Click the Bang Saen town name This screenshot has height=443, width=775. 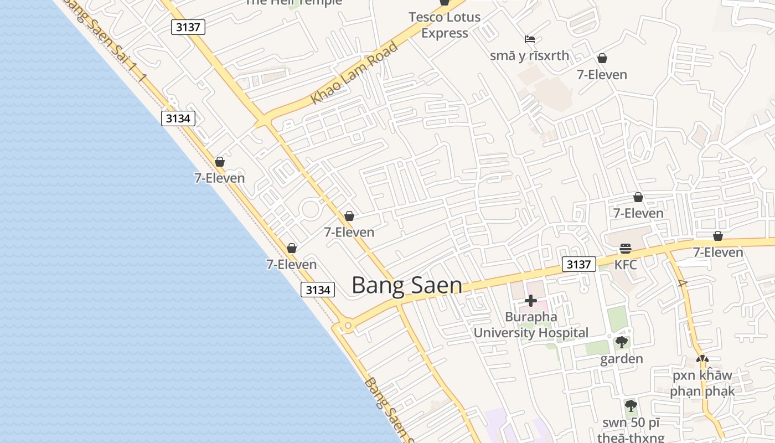pos(407,286)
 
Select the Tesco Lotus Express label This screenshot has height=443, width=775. pos(445,25)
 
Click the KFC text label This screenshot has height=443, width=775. pos(626,265)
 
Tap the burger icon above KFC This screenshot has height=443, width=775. pos(626,248)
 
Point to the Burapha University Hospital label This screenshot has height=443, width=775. pos(531,325)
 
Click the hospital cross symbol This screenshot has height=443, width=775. pos(531,301)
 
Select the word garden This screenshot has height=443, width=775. pos(622,359)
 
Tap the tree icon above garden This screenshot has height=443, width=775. pos(622,342)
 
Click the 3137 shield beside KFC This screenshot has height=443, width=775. pos(579,264)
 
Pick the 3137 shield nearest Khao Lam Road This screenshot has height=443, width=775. pos(188,27)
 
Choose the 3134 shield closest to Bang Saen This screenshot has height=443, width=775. pos(318,290)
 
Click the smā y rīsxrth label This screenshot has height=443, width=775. pos(529,56)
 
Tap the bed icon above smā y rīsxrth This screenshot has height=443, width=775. pos(530,39)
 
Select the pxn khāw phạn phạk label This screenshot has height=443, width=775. pos(702,383)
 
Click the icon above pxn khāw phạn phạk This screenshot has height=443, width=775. pos(702,359)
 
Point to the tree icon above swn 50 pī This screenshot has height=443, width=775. pos(631,406)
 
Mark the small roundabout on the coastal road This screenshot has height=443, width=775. pos(348,326)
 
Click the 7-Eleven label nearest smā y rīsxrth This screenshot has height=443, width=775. pos(602,75)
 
